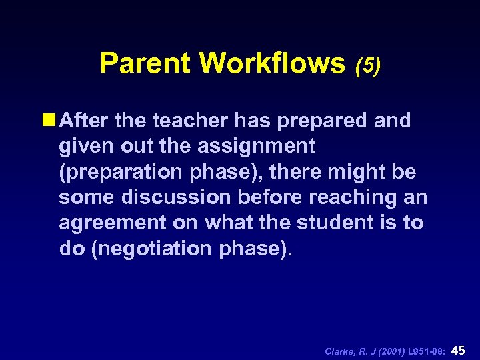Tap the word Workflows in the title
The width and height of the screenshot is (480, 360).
(271, 63)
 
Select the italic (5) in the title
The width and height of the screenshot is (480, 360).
(368, 66)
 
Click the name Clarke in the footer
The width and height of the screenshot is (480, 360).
(339, 351)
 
